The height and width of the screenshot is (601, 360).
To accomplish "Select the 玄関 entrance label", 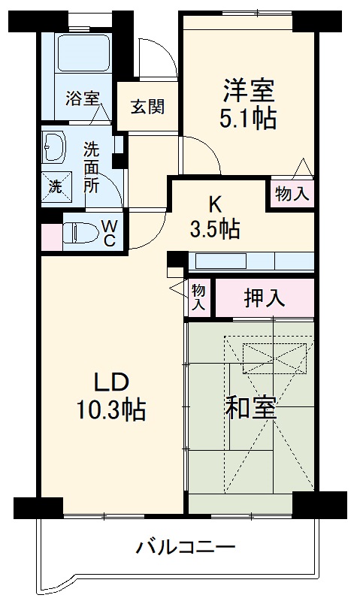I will [x=147, y=107].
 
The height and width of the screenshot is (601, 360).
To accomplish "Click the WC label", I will [x=108, y=233].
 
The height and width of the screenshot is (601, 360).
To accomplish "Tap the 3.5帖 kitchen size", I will [x=214, y=228].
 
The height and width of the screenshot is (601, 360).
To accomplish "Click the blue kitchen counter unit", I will [x=252, y=261].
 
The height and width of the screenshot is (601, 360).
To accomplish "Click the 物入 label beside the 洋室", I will [x=292, y=193].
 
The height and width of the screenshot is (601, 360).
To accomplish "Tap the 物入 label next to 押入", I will [x=198, y=297].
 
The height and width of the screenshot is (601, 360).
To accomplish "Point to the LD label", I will [x=113, y=382].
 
